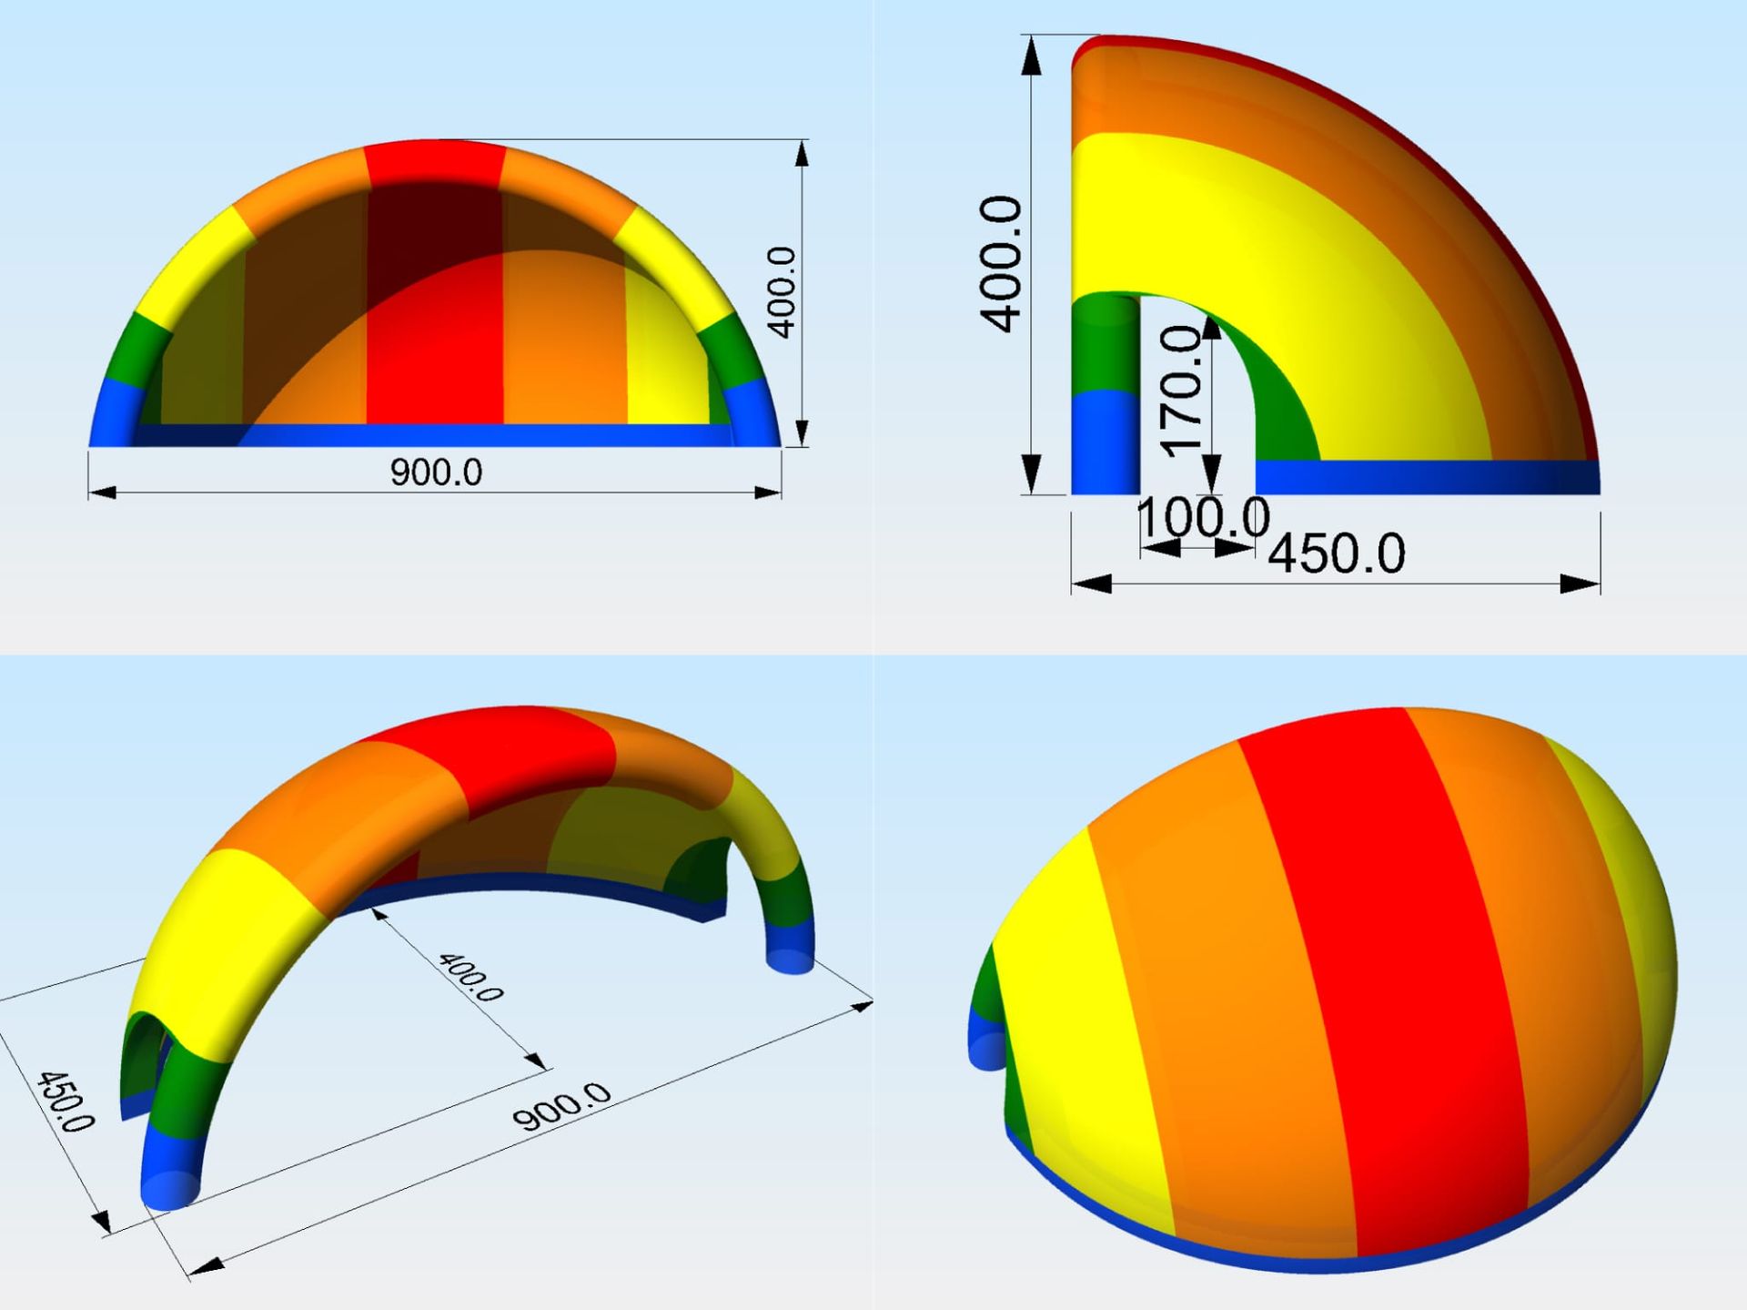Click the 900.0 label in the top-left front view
click(436, 472)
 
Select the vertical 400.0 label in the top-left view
click(782, 292)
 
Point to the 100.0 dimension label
click(1203, 517)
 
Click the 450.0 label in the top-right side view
click(1337, 553)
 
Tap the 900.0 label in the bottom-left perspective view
click(561, 1106)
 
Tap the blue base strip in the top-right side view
click(1427, 477)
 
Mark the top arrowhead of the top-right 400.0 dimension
click(1031, 56)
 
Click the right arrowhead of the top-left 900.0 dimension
click(767, 493)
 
